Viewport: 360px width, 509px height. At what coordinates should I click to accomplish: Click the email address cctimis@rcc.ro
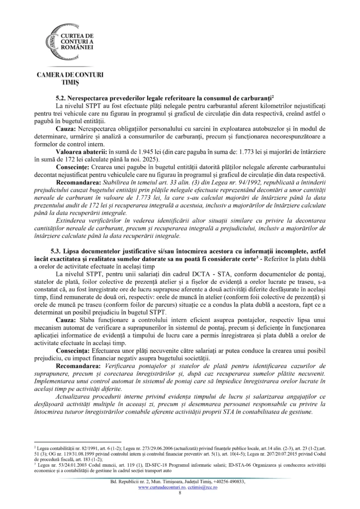coord(204,488)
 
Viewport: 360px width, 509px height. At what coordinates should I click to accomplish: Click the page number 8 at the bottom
coord(180,494)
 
